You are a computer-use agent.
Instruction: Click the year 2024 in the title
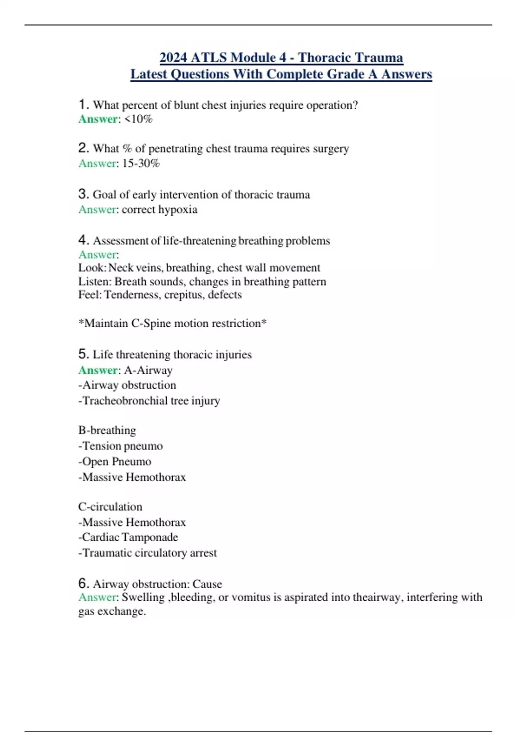pyautogui.click(x=173, y=57)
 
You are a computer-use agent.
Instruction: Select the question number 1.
pyautogui.click(x=84, y=105)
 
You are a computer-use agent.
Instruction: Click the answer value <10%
pyautogui.click(x=138, y=119)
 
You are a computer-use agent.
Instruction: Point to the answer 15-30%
pyautogui.click(x=141, y=164)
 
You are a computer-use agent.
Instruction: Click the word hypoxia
pyautogui.click(x=178, y=210)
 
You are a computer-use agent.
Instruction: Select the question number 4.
pyautogui.click(x=84, y=240)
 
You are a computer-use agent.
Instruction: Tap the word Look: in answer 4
pyautogui.click(x=92, y=268)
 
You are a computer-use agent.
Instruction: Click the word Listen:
pyautogui.click(x=95, y=282)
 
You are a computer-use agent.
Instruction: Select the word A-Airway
pyautogui.click(x=148, y=370)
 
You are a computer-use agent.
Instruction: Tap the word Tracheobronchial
pyautogui.click(x=125, y=401)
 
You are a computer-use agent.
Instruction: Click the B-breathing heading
pyautogui.click(x=107, y=431)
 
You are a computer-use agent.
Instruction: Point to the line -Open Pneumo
pyautogui.click(x=115, y=462)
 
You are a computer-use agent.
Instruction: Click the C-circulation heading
pyautogui.click(x=110, y=507)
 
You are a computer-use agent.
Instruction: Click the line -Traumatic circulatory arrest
pyautogui.click(x=147, y=553)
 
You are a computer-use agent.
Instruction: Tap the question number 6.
pyautogui.click(x=84, y=583)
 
